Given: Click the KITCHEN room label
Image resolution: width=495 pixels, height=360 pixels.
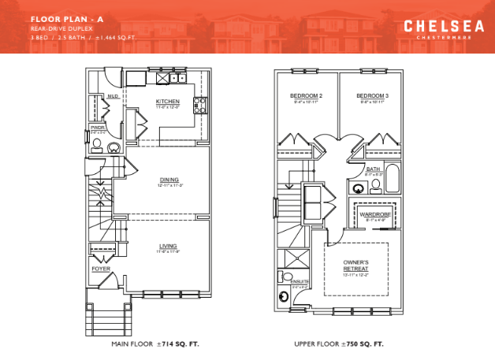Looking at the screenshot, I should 167,102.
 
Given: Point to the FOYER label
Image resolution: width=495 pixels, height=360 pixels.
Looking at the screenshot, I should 102,268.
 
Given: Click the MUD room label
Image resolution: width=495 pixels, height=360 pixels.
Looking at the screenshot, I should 113,97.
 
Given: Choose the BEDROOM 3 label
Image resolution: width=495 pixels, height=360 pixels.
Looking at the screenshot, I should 373,95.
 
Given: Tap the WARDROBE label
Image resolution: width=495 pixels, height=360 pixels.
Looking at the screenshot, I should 374,213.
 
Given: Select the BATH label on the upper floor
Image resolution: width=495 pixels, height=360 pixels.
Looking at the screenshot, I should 374,169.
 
